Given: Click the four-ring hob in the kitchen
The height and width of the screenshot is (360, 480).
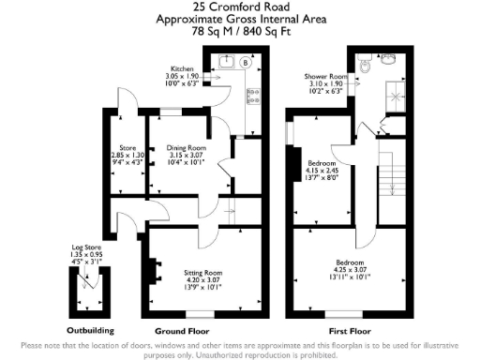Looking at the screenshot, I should tap(251, 96).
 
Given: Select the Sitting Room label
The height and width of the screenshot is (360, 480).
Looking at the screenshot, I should tap(200, 273).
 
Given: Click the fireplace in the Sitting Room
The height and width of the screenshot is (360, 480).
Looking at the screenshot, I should tap(149, 269).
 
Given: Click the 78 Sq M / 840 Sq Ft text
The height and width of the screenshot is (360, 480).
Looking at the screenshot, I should tap(240, 30).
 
